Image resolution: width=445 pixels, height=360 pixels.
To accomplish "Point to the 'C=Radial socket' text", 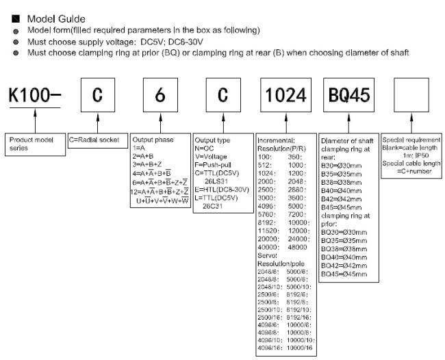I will point(94,140).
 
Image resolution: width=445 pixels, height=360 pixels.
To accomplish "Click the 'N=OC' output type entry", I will point(206,147).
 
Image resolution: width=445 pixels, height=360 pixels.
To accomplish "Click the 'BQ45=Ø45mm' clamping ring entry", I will point(348,274).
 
